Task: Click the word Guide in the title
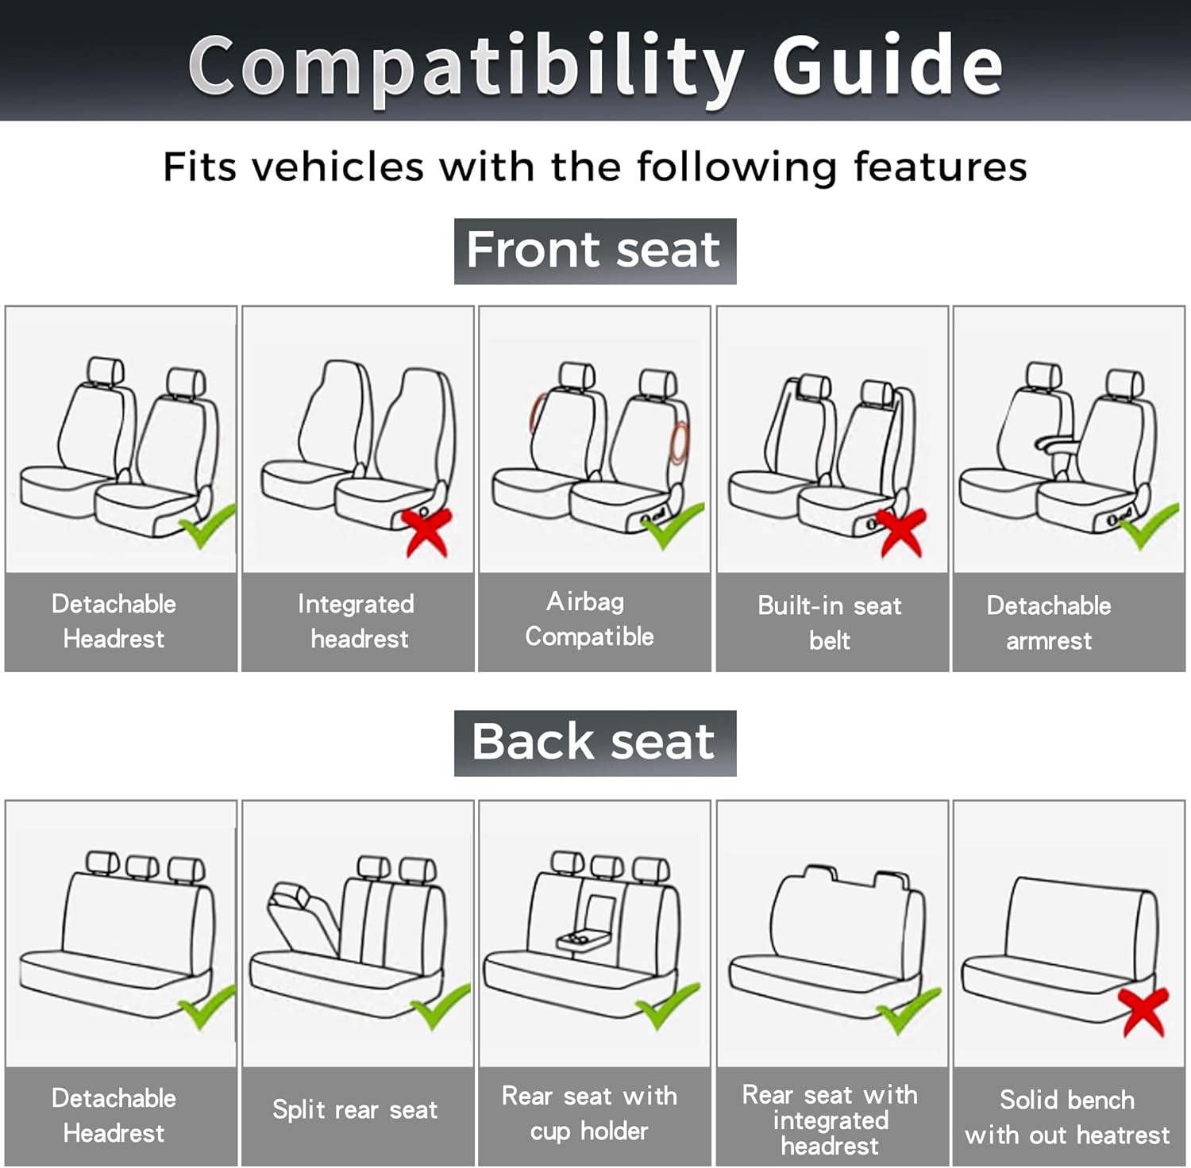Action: tap(887, 65)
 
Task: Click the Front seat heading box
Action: tap(595, 251)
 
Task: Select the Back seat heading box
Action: tap(595, 743)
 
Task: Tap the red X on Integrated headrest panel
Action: tap(427, 531)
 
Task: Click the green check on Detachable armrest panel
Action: tap(1148, 526)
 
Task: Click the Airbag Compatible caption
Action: tap(588, 619)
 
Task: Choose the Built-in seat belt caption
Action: tap(830, 623)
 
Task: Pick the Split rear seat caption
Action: tap(355, 1109)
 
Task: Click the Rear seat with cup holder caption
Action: tap(589, 1113)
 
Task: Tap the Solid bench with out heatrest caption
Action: tap(1067, 1117)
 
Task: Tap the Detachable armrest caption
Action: tap(1049, 623)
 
